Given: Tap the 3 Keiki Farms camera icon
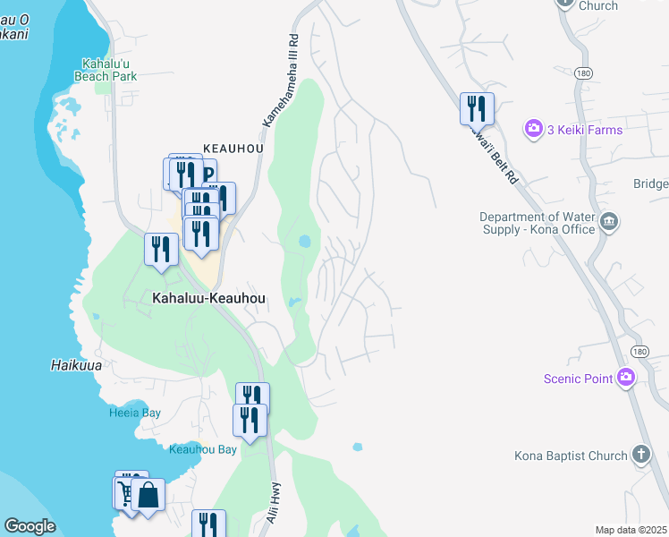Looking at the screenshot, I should pyautogui.click(x=534, y=129).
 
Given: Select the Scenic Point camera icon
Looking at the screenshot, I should pyautogui.click(x=626, y=378).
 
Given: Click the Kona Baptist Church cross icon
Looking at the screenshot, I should pyautogui.click(x=640, y=455).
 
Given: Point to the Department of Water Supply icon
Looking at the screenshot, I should pyautogui.click(x=608, y=221).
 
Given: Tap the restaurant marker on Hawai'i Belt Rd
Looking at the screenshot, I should pyautogui.click(x=477, y=109).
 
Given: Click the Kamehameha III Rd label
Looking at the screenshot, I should pyautogui.click(x=279, y=81).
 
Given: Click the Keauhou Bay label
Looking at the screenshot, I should pyautogui.click(x=203, y=449).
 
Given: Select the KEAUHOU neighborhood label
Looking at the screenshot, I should pyautogui.click(x=232, y=148).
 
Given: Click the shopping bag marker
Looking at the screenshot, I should pyautogui.click(x=148, y=494).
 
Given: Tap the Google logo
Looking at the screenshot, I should pyautogui.click(x=30, y=526).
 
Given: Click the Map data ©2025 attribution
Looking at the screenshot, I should pyautogui.click(x=631, y=530).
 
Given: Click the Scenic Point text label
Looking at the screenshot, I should pyautogui.click(x=578, y=379).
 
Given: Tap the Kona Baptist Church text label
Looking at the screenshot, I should pyautogui.click(x=571, y=456).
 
